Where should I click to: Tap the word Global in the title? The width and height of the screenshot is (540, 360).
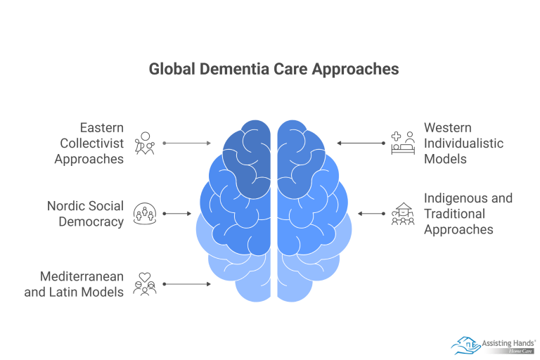click(x=171, y=69)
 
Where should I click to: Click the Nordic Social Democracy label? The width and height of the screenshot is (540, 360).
click(x=85, y=214)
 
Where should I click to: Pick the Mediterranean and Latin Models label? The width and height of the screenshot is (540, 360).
click(x=74, y=284)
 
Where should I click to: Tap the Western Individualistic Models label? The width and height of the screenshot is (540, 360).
click(x=463, y=143)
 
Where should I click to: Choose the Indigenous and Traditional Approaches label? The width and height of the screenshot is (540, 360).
click(x=468, y=214)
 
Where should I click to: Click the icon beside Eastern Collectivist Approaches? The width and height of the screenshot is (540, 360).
click(x=145, y=143)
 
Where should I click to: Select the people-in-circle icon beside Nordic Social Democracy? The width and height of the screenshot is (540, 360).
click(x=145, y=214)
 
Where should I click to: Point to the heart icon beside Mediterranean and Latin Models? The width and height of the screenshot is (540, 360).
click(x=145, y=284)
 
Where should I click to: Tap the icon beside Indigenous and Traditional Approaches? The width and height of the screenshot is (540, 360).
click(x=403, y=214)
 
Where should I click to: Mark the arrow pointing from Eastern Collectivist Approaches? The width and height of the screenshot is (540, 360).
click(x=186, y=143)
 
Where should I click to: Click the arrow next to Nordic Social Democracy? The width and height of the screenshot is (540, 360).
click(x=177, y=214)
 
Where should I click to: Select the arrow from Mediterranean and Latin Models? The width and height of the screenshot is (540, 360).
click(x=186, y=284)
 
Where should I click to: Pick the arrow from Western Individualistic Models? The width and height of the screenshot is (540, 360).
click(x=361, y=143)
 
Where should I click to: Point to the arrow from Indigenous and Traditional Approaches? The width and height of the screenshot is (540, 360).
click(x=371, y=214)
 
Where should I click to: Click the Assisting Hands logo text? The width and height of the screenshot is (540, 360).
click(x=507, y=342)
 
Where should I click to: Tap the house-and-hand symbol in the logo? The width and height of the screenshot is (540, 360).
click(x=465, y=344)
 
